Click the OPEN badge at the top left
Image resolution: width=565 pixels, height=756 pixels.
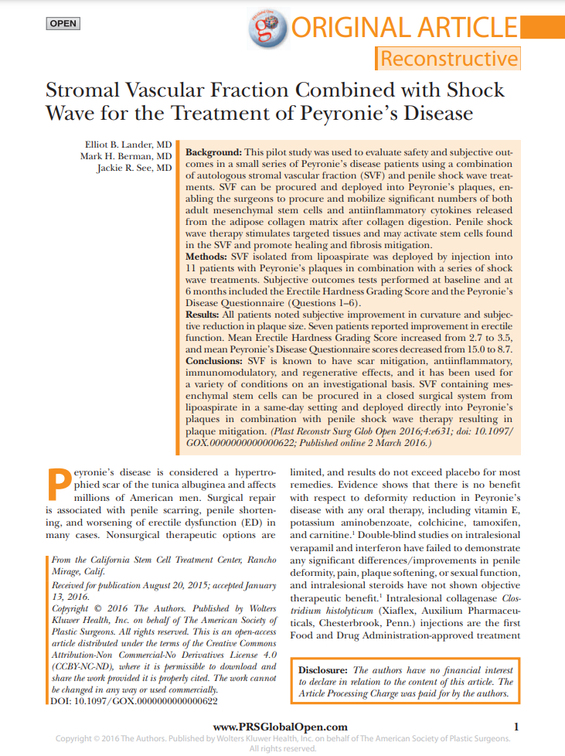63,23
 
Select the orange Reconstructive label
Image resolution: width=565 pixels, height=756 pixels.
448,59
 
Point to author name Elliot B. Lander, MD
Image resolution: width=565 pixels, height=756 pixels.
128,145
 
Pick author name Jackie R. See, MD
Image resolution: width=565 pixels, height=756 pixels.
134,168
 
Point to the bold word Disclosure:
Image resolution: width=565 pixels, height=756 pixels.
324,670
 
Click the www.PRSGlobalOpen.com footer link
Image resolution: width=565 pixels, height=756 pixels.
280,727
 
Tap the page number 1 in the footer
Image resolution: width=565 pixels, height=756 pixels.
516,727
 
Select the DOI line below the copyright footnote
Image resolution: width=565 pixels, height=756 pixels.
132,701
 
